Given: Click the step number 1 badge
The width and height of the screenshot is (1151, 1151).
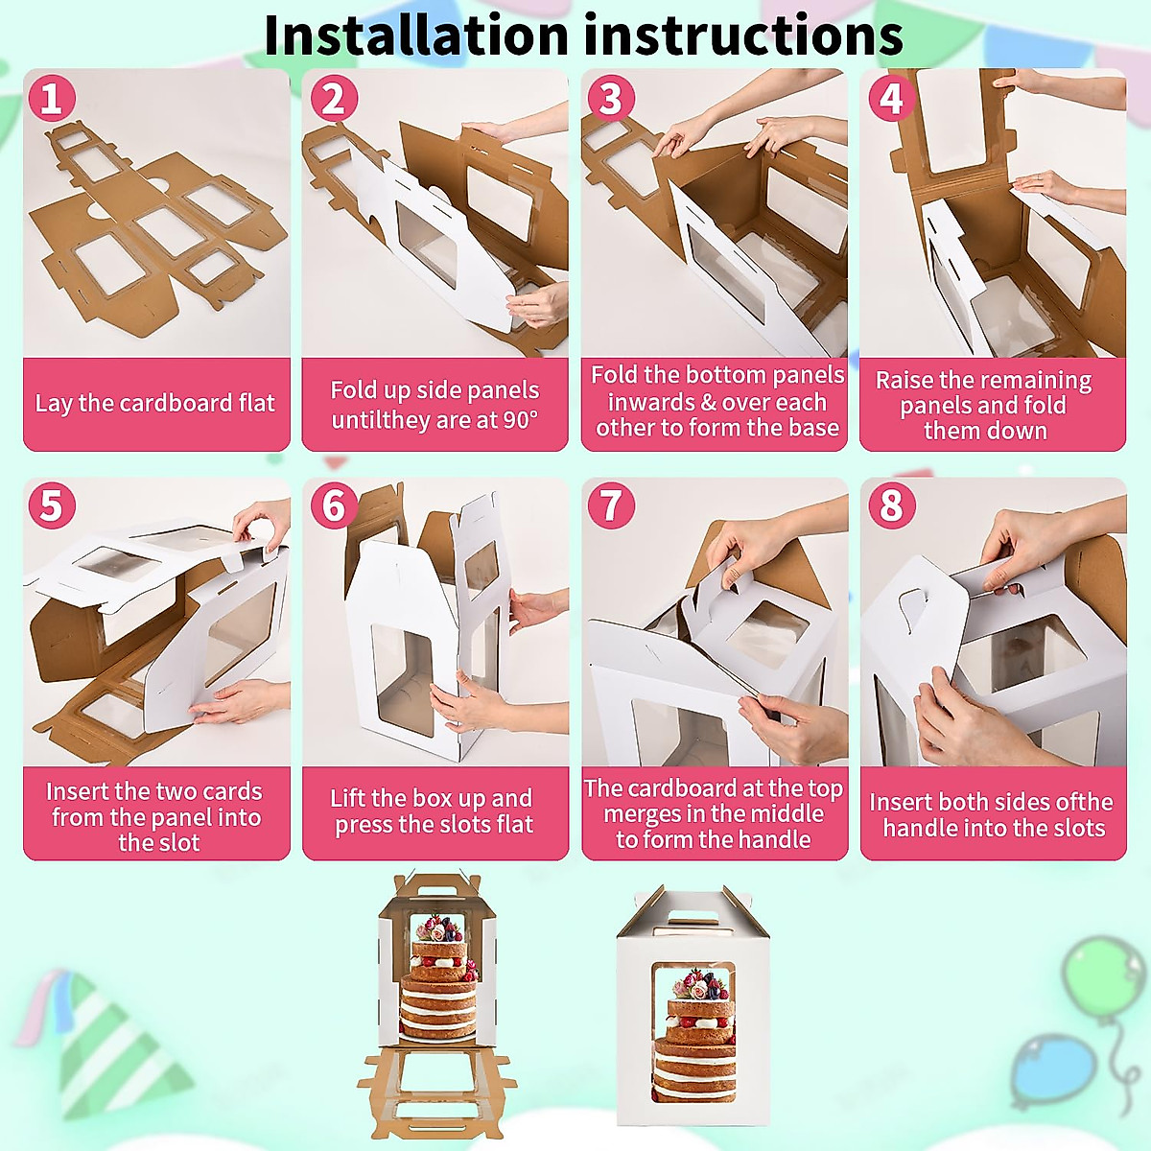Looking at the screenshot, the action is (52, 99).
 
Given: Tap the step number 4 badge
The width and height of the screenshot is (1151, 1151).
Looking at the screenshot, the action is (891, 99).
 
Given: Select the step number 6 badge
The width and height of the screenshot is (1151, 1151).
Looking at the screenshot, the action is (334, 505).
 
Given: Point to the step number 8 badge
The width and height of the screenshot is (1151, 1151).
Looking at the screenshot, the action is (891, 505).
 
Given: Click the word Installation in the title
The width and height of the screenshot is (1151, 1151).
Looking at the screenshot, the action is (415, 35).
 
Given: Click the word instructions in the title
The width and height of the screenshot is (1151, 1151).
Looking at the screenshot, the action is (743, 35).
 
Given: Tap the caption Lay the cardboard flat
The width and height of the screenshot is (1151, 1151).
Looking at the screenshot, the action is (155, 403).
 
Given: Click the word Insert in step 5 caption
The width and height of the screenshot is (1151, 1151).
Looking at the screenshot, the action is (78, 791).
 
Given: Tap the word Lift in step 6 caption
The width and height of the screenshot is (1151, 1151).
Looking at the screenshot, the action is (347, 799).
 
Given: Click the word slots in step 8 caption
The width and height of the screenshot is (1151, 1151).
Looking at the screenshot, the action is (1075, 829).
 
